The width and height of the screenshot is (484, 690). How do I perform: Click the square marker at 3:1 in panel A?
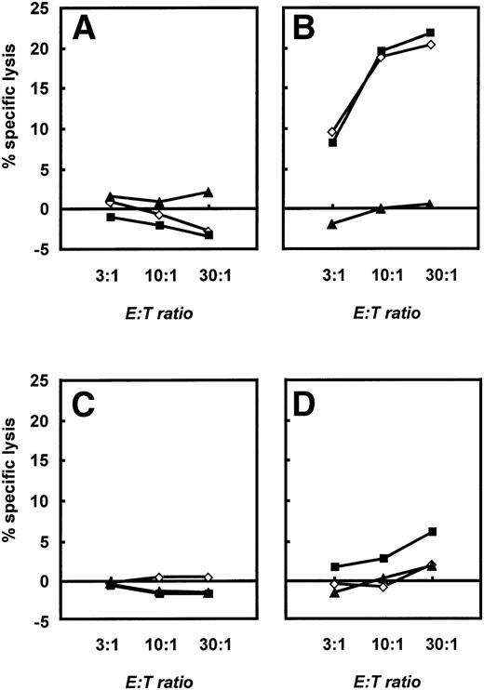(111, 217)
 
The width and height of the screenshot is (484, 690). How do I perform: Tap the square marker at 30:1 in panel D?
(432, 531)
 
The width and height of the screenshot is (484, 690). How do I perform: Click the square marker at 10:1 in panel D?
(383, 558)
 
